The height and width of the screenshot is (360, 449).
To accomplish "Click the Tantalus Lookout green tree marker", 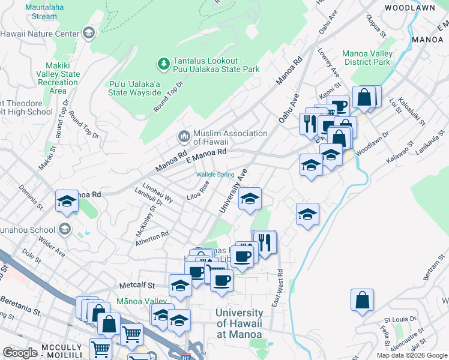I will (x=163, y=63).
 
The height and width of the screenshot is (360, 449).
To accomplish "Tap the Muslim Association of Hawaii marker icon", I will (x=184, y=137).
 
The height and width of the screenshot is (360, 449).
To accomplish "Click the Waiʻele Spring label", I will (x=215, y=175).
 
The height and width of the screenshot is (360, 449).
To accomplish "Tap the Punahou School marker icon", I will (x=64, y=229).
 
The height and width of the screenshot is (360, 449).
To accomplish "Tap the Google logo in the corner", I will (x=20, y=352).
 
